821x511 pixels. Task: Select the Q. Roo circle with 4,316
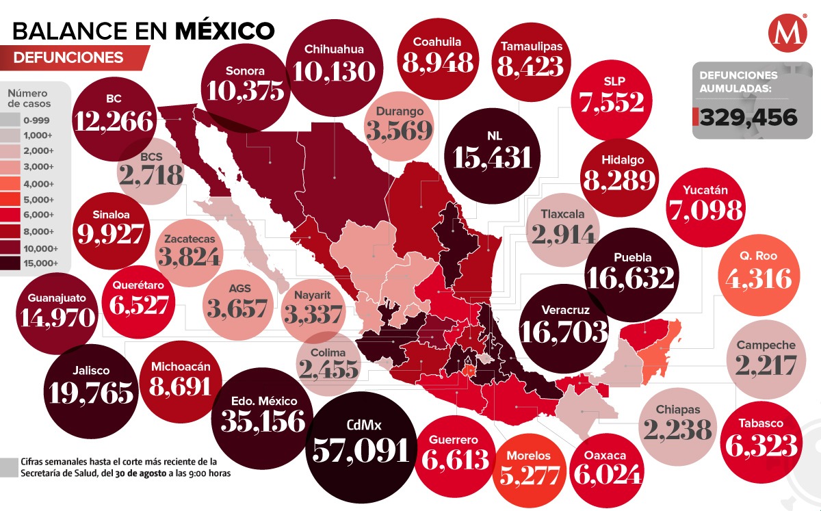[x=757, y=271]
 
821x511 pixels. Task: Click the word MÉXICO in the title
[x=225, y=30]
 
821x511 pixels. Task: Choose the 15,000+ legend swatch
[x=16, y=263]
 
